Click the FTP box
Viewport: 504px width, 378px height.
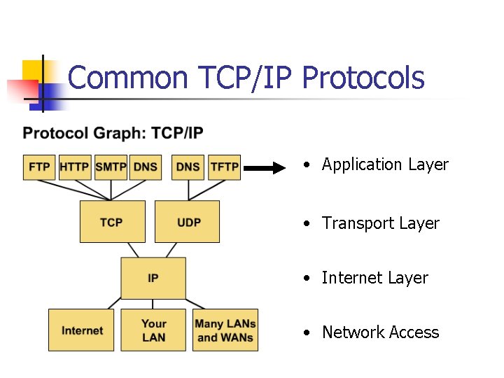(39, 167)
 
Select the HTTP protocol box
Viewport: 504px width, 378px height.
(75, 167)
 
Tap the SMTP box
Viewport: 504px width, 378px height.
(111, 167)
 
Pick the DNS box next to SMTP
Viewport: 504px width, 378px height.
(146, 167)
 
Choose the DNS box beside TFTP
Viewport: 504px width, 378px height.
(188, 167)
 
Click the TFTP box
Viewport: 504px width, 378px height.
(225, 167)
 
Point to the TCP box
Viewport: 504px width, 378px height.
(112, 222)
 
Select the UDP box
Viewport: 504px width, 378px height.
(187, 222)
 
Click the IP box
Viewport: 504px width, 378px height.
(153, 278)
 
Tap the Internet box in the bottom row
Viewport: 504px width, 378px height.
(80, 330)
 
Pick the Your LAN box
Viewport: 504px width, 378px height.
(153, 330)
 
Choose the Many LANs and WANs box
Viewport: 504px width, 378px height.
(225, 330)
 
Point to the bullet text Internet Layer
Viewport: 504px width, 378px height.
(374, 278)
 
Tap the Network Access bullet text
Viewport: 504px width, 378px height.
(380, 332)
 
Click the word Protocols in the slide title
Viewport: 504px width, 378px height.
(363, 78)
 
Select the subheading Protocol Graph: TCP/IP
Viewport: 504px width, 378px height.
(113, 133)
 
